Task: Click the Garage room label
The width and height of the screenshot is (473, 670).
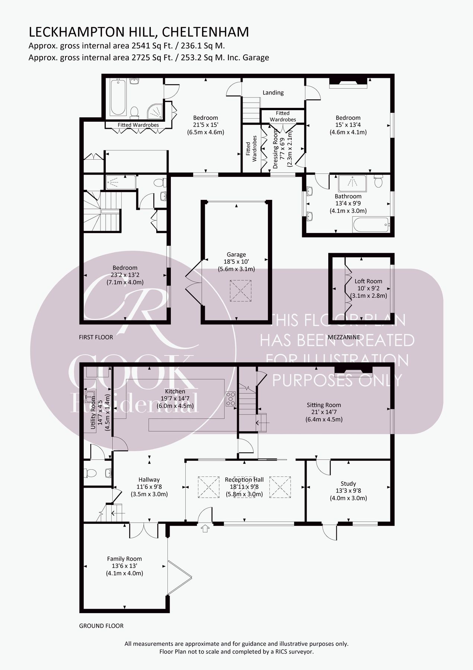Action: point(236,255)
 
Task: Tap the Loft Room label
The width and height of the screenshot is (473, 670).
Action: point(368,281)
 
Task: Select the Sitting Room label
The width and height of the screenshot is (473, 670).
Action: point(324,405)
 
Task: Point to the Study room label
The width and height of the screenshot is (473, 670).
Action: point(348,484)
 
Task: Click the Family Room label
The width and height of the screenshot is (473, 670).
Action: point(124,559)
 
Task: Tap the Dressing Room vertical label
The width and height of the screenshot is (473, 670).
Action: point(276,149)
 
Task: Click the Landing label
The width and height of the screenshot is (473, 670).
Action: point(273,93)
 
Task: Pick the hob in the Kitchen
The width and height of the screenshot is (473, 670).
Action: point(230,399)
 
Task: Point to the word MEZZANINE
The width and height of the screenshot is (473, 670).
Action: point(343,337)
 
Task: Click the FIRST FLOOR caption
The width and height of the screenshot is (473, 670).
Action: point(96,337)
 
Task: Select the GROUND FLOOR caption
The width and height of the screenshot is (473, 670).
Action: point(101,626)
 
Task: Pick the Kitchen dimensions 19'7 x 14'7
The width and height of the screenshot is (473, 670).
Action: point(175,399)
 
